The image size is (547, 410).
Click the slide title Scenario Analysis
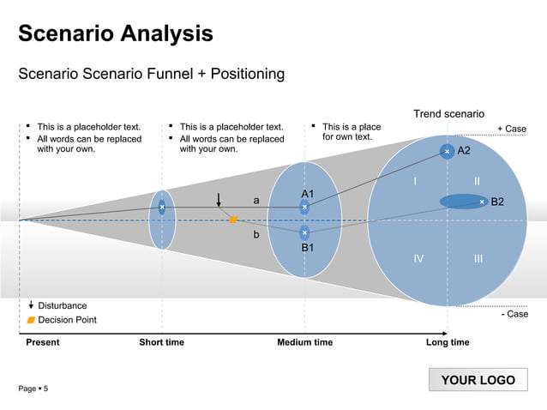[116, 34]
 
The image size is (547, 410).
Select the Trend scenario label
[448, 114]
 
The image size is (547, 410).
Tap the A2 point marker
[447, 151]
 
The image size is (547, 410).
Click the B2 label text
[497, 202]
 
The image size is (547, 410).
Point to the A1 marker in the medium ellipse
[304, 207]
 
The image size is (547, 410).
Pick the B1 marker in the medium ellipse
[304, 232]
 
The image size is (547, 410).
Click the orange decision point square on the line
[232, 220]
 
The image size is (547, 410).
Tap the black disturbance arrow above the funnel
[219, 199]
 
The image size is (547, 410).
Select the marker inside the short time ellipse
[162, 207]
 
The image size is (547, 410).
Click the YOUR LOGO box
[478, 380]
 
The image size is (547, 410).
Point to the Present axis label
[43, 343]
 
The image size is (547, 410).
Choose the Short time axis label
[161, 343]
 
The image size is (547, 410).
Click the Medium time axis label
[304, 343]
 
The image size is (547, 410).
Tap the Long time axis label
[448, 343]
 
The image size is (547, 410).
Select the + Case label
[512, 129]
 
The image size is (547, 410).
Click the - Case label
[514, 314]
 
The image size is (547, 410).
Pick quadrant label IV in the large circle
[418, 258]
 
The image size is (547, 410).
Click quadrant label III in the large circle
[478, 258]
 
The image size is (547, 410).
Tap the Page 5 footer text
[33, 389]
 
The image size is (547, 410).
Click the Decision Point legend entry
[67, 320]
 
